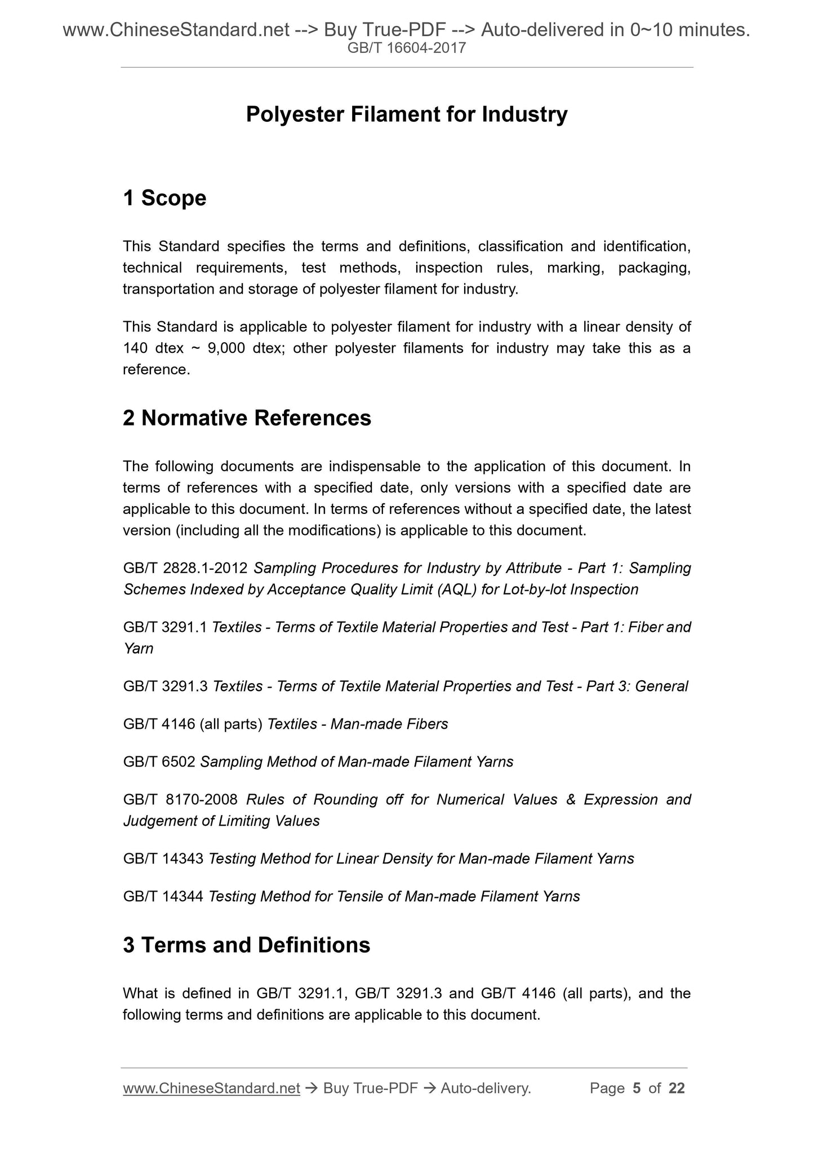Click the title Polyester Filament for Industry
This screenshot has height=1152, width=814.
(407, 114)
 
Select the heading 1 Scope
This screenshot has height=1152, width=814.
(164, 198)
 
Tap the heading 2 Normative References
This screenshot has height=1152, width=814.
(247, 418)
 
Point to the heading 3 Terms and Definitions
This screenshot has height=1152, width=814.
(246, 945)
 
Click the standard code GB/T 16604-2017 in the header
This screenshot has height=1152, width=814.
(407, 48)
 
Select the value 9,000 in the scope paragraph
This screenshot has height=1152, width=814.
(226, 348)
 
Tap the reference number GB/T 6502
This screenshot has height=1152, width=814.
(159, 762)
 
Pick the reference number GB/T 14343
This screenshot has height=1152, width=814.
(163, 859)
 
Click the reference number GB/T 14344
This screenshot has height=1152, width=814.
(163, 897)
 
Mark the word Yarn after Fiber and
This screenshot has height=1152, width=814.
(138, 649)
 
